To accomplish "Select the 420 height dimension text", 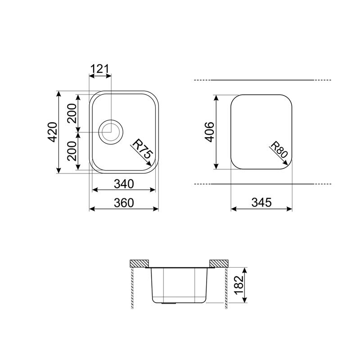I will [53, 132].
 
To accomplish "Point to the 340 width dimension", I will [124, 184].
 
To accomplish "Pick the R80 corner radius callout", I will [279, 149].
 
